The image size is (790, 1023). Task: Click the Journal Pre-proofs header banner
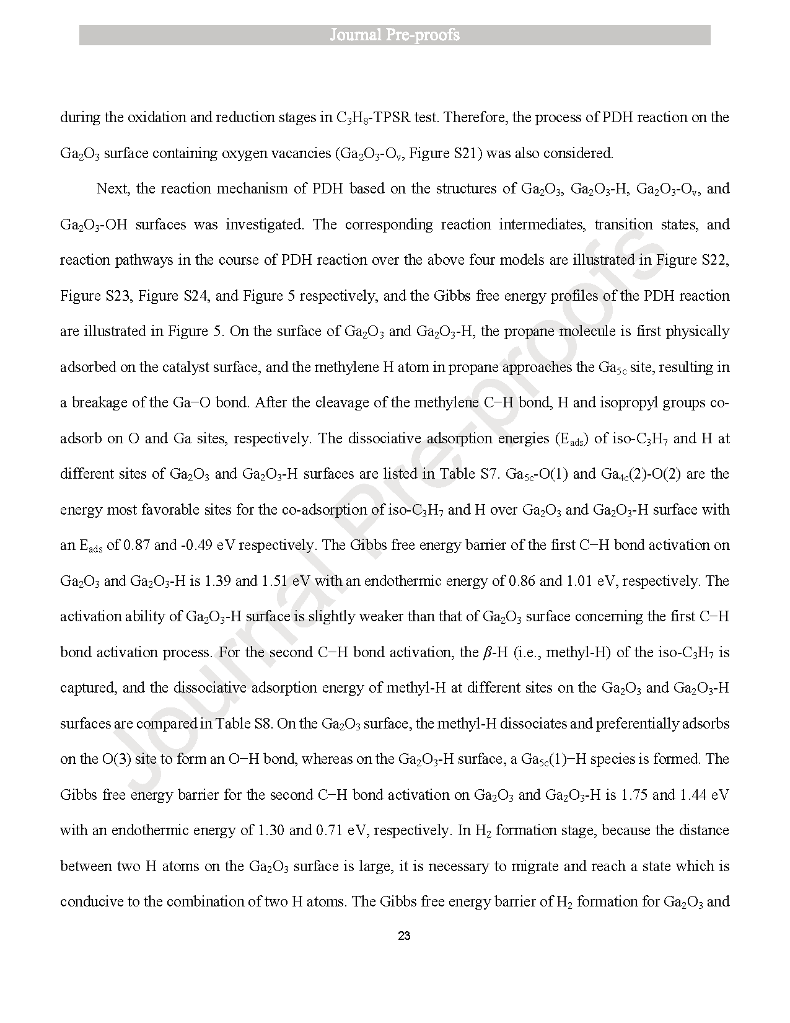coord(395,35)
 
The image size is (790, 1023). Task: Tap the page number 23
coord(403,936)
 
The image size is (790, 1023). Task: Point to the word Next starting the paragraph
coord(112,188)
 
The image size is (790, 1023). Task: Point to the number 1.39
coord(217,581)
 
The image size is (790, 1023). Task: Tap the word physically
coord(697,331)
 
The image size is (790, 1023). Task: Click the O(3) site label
coord(116,759)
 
